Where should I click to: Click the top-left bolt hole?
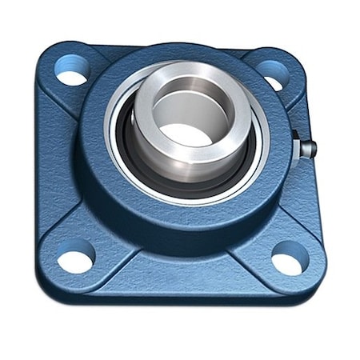coord(72,70)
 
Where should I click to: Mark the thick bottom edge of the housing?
coord(180,300)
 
